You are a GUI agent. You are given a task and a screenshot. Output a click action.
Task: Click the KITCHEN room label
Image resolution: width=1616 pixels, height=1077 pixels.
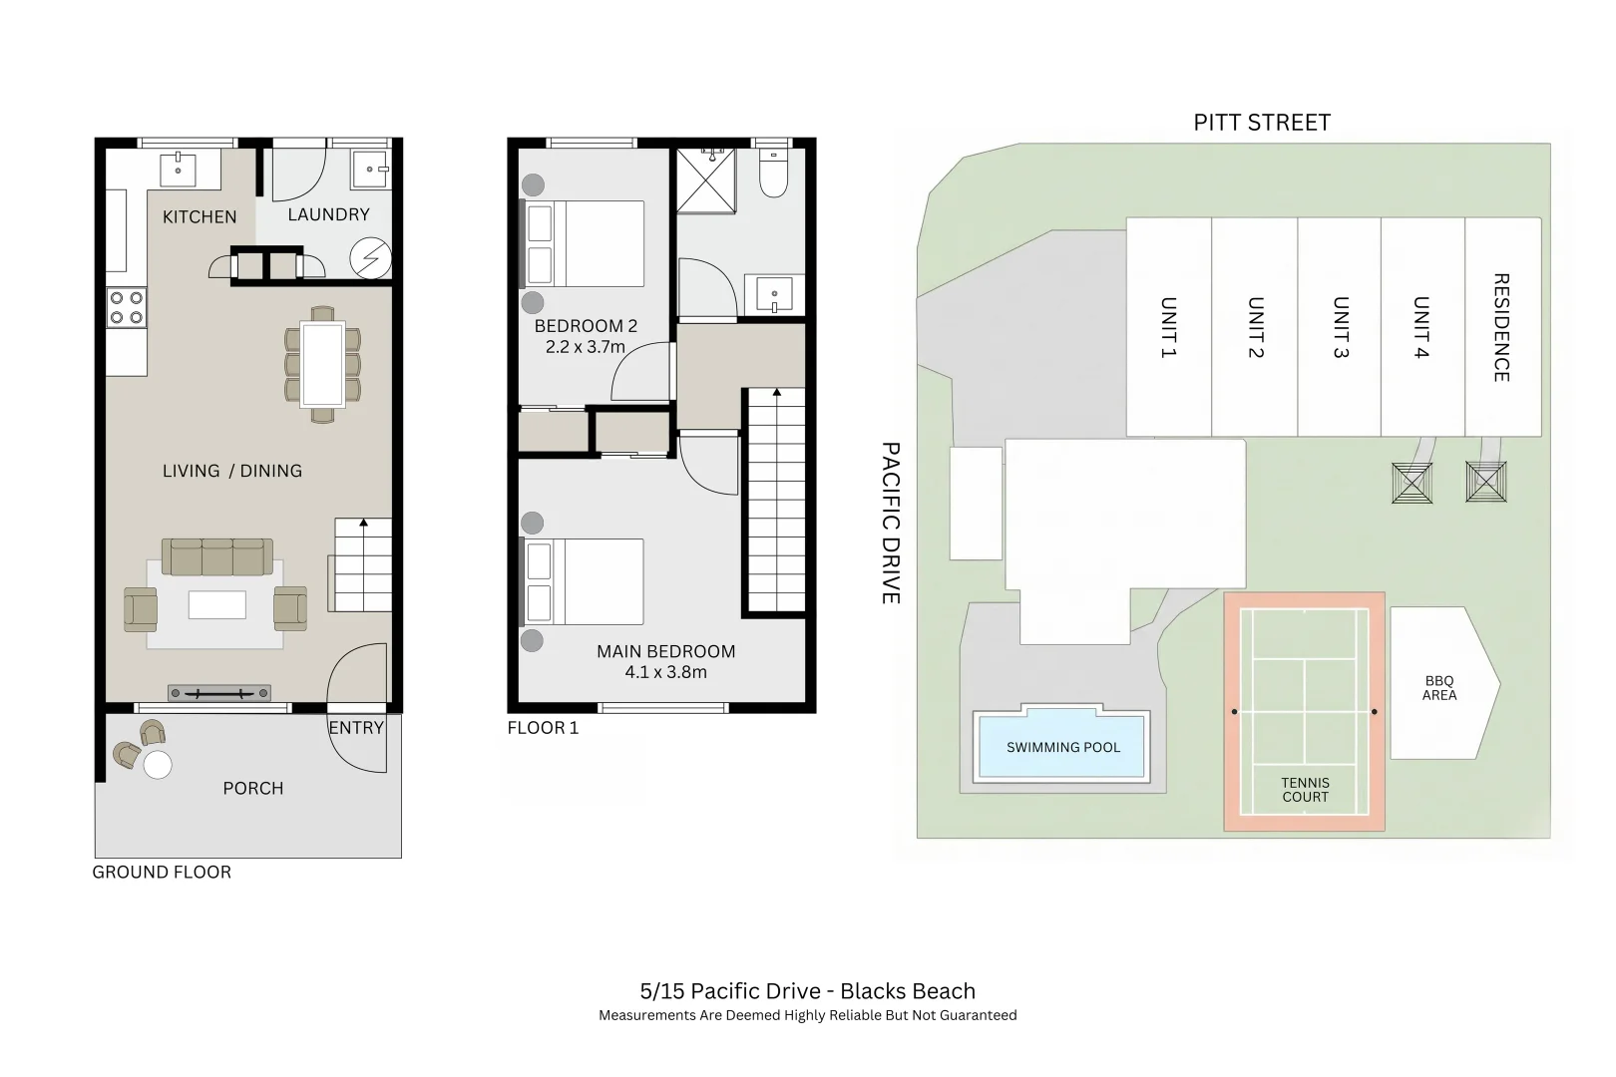[200, 216]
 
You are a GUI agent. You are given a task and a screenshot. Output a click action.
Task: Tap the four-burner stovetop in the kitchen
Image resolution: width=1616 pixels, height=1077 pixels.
[127, 307]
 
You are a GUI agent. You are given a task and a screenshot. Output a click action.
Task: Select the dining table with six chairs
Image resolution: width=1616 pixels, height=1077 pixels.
[322, 364]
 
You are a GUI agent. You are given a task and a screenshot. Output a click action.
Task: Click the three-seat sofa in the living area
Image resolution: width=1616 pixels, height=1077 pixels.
[217, 557]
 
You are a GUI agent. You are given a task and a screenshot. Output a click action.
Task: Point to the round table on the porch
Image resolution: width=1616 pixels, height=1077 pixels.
[158, 765]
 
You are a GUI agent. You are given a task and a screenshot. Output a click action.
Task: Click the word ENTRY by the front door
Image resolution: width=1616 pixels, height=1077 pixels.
[356, 728]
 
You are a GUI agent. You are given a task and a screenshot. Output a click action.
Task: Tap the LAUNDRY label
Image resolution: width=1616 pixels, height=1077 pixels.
[328, 214]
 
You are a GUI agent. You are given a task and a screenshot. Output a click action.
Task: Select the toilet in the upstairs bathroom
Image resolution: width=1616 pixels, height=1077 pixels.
[773, 174]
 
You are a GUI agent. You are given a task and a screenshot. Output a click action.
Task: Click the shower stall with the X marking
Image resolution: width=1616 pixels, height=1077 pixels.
[706, 180]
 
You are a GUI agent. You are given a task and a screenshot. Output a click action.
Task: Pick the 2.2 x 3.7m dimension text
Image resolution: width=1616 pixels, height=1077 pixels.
[586, 347]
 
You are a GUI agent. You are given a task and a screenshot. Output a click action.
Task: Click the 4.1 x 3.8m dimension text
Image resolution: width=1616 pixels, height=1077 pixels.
[665, 672]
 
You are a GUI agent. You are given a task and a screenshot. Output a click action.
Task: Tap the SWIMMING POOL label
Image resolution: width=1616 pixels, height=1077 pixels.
[1062, 747]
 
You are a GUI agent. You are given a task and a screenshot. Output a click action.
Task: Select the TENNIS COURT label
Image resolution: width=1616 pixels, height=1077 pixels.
[1305, 790]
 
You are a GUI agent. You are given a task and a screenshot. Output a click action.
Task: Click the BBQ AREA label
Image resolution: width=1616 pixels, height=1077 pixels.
[1438, 688]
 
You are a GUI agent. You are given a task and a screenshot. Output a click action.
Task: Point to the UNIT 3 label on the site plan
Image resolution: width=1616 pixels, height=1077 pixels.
[1341, 327]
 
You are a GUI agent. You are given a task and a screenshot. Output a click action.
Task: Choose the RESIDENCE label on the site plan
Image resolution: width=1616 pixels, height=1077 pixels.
[1500, 327]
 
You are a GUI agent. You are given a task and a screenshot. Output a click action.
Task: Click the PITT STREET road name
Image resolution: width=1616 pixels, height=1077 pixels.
[1262, 123]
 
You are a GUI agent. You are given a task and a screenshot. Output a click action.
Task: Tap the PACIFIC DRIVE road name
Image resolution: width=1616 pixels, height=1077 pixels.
[891, 523]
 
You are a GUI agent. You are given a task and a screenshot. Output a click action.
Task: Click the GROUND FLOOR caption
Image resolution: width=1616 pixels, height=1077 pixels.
[162, 872]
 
